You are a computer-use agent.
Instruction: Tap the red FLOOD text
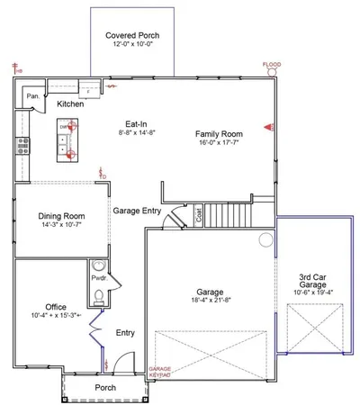(272, 66)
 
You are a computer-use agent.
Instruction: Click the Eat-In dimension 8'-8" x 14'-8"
(137, 132)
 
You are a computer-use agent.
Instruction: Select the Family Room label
(220, 134)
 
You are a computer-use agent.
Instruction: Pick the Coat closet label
(199, 214)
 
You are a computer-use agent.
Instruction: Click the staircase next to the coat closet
(232, 215)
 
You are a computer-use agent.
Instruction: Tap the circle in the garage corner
(265, 239)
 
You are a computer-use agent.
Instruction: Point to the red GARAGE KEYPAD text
(159, 373)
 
